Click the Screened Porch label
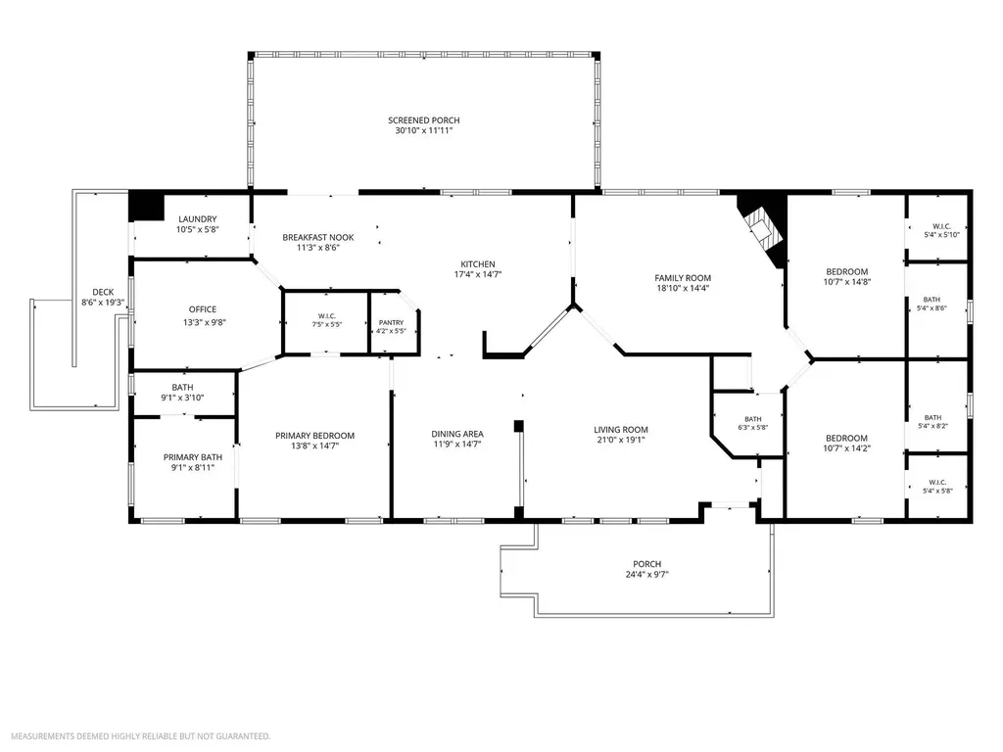tap(423, 120)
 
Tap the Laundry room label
tap(198, 218)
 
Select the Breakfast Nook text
tap(318, 237)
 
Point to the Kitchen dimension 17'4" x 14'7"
tap(478, 274)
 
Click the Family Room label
tap(683, 278)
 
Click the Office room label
tap(203, 309)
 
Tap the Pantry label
tap(391, 323)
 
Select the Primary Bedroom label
tap(314, 436)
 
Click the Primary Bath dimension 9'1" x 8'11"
tap(193, 467)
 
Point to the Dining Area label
tap(457, 434)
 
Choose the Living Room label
tap(620, 430)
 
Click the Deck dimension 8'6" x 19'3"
tap(102, 303)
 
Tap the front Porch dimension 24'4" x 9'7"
tap(646, 574)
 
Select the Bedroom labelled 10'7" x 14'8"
tap(847, 272)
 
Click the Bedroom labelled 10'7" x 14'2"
tap(847, 438)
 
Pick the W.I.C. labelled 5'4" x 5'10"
tap(941, 226)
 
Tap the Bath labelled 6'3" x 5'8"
tap(753, 419)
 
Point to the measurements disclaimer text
tap(141, 736)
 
